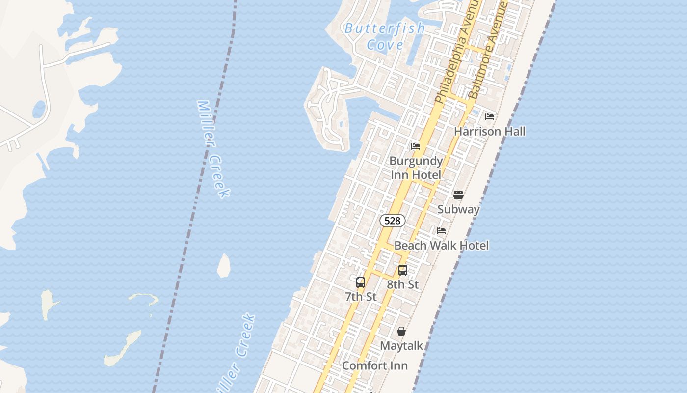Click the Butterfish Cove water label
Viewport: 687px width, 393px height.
click(385, 36)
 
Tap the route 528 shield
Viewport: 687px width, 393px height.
click(392, 221)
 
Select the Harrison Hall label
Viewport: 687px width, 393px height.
click(489, 131)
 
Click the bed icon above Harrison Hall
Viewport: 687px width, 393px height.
click(489, 117)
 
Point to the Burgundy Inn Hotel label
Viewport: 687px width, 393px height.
click(416, 168)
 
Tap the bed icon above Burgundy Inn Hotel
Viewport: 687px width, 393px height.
click(416, 146)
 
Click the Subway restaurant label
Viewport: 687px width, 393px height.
click(458, 209)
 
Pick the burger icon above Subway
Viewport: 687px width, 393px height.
click(458, 195)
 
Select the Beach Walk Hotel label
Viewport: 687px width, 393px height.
click(442, 245)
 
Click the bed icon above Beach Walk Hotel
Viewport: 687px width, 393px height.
click(441, 231)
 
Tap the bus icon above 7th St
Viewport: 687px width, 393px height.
click(361, 282)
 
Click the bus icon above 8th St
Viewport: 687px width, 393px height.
click(403, 270)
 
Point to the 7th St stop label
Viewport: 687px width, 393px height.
click(361, 297)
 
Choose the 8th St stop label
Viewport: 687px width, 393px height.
click(403, 284)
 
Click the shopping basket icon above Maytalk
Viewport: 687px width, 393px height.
click(401, 332)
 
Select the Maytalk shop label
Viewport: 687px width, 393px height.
click(401, 346)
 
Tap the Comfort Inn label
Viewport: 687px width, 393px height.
click(375, 365)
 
